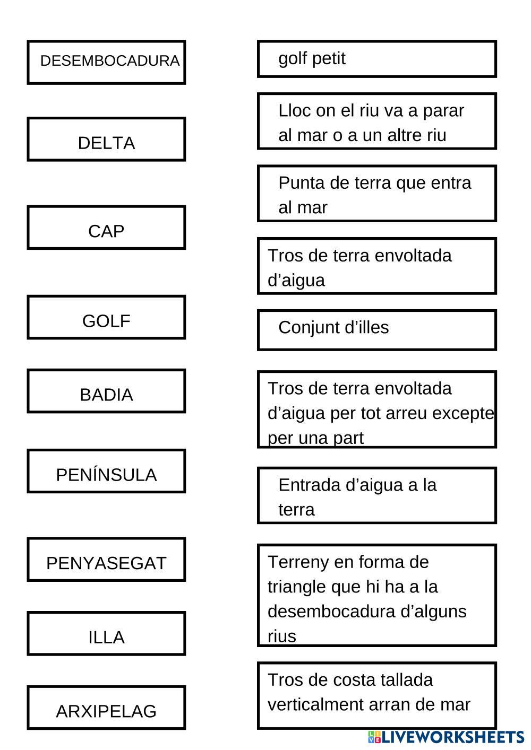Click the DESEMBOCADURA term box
pyautogui.click(x=106, y=62)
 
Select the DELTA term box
pyautogui.click(x=106, y=139)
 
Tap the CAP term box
pyautogui.click(x=106, y=228)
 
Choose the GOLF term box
pyautogui.click(x=106, y=317)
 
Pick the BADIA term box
pyautogui.click(x=106, y=391)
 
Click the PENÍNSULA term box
pyautogui.click(x=106, y=471)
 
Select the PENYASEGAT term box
pyautogui.click(x=106, y=560)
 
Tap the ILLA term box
pyautogui.click(x=106, y=633)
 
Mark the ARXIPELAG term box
pyautogui.click(x=106, y=708)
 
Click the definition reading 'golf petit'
pyautogui.click(x=377, y=59)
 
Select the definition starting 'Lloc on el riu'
pyautogui.click(x=377, y=121)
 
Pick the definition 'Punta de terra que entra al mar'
pyautogui.click(x=377, y=194)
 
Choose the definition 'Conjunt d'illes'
pyautogui.click(x=377, y=330)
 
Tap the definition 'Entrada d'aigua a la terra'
pyautogui.click(x=377, y=495)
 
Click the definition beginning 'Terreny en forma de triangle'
pyautogui.click(x=377, y=595)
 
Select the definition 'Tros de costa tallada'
pyautogui.click(x=377, y=695)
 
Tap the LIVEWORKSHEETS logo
pyautogui.click(x=446, y=737)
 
